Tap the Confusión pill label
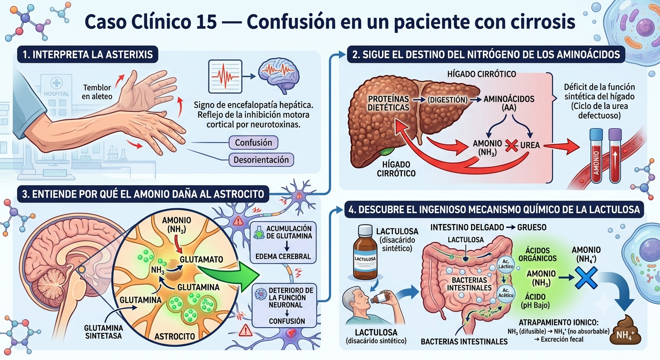(254, 142)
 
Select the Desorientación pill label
(261, 160)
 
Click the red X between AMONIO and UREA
(511, 145)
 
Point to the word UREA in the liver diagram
(530, 145)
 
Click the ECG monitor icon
(225, 76)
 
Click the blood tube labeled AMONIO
(596, 156)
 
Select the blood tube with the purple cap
(615, 156)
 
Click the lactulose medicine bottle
(365, 252)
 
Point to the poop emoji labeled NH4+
(625, 330)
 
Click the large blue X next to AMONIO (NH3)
(586, 278)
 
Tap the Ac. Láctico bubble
(506, 264)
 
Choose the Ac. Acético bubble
(506, 293)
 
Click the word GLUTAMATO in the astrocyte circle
(201, 260)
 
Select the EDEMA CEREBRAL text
(283, 256)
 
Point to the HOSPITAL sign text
(56, 94)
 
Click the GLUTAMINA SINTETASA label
(104, 332)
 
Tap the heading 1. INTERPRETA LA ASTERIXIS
(88, 54)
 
